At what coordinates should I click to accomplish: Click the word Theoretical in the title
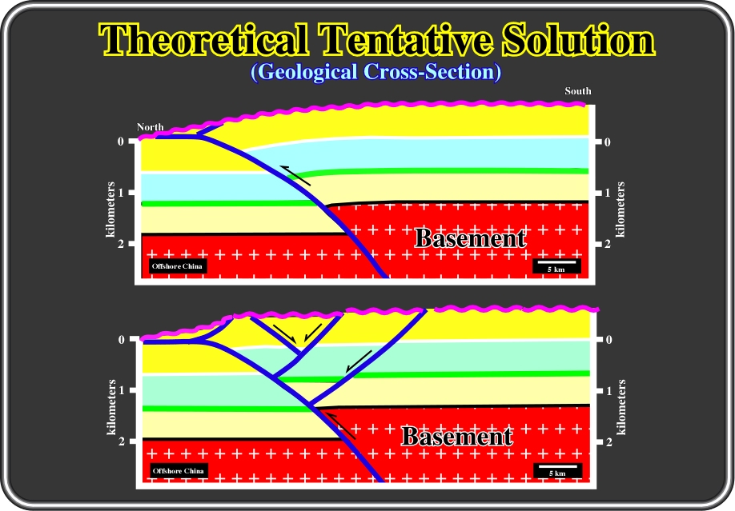pyautogui.click(x=203, y=39)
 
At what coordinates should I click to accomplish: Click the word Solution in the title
pyautogui.click(x=578, y=39)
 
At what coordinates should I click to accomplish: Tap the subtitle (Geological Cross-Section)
pyautogui.click(x=376, y=72)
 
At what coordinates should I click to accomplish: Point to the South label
pyautogui.click(x=577, y=91)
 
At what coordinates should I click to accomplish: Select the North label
pyautogui.click(x=150, y=127)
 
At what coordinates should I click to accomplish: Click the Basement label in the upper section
pyautogui.click(x=470, y=238)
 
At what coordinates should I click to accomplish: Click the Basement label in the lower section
pyautogui.click(x=457, y=437)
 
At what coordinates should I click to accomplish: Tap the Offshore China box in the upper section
pyautogui.click(x=177, y=266)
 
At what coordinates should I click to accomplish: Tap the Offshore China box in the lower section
pyautogui.click(x=178, y=471)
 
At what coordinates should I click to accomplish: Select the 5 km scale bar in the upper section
pyautogui.click(x=556, y=265)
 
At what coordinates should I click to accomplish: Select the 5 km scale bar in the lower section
pyautogui.click(x=557, y=470)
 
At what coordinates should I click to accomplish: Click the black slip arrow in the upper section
pyautogui.click(x=295, y=175)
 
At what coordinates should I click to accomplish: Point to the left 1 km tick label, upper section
pyautogui.click(x=122, y=193)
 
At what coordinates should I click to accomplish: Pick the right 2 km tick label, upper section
pyautogui.click(x=608, y=244)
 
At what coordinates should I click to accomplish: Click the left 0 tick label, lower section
pyautogui.click(x=122, y=340)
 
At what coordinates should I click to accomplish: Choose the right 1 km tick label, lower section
pyautogui.click(x=609, y=390)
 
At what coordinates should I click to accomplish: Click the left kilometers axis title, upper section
pyautogui.click(x=110, y=210)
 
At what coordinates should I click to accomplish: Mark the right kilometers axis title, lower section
pyautogui.click(x=621, y=407)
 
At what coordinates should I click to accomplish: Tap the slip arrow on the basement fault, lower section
pyautogui.click(x=340, y=425)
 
